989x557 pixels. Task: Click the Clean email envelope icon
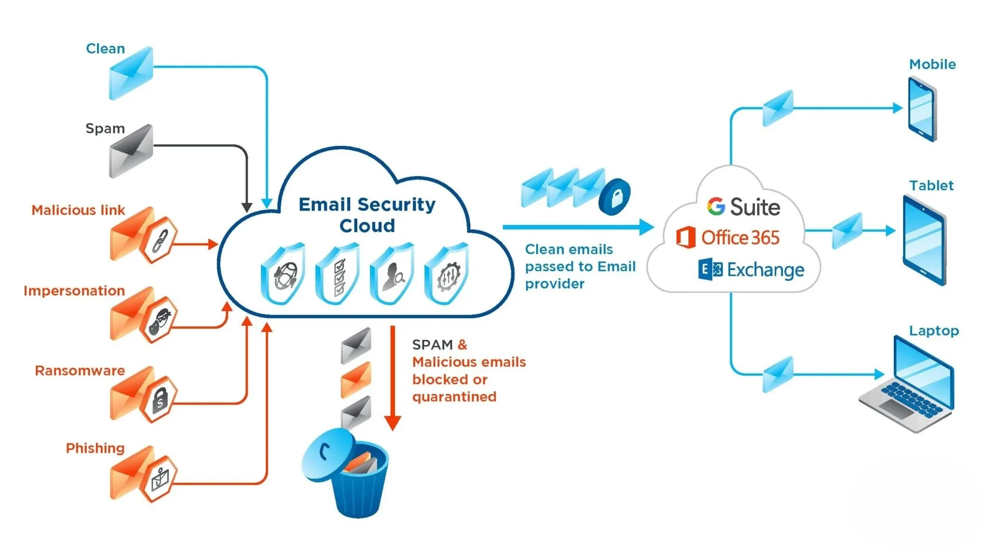pos(131,73)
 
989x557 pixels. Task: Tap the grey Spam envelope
pos(131,151)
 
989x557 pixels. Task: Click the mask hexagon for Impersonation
pos(160,320)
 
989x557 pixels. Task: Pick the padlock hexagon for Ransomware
pos(160,400)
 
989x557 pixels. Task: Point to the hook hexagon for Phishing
pos(160,479)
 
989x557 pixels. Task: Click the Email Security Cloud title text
pos(367,215)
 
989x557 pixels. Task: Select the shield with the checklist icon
pos(338,274)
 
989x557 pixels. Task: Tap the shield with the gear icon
pos(447,274)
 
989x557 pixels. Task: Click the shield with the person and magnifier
pos(393,274)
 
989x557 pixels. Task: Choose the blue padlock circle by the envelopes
pos(615,197)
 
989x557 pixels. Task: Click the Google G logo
pos(716,207)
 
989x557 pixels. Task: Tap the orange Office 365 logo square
pos(686,237)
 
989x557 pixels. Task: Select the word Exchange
pos(766,270)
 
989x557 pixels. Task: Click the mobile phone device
pos(922,110)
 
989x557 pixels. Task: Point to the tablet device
pos(924,240)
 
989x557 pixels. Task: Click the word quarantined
pos(454,397)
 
